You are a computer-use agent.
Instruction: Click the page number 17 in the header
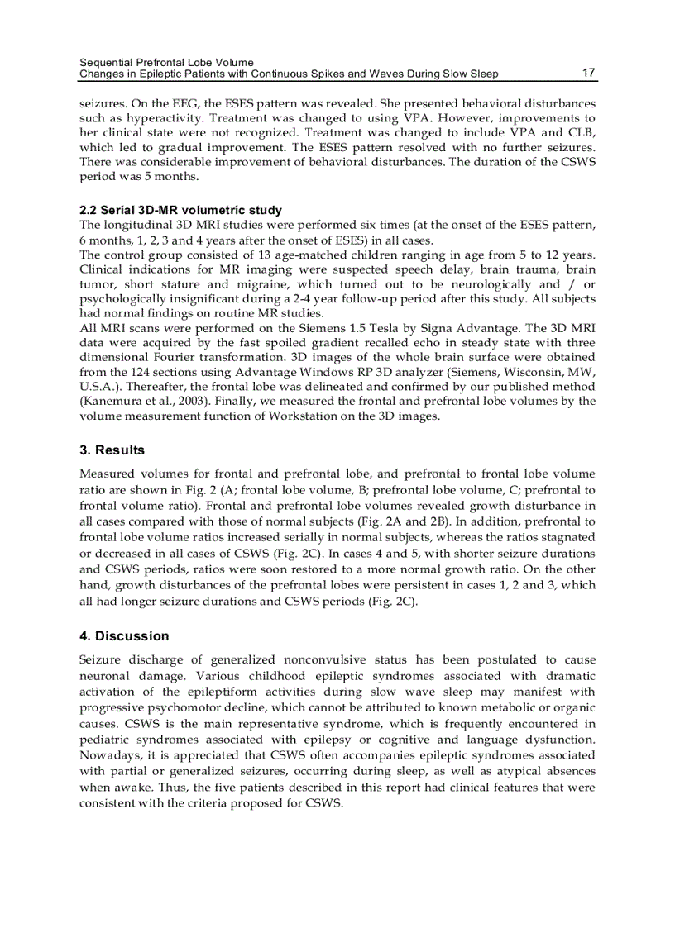pyautogui.click(x=588, y=73)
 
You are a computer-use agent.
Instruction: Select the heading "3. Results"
pyautogui.click(x=112, y=450)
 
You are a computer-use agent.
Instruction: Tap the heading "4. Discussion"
pyautogui.click(x=124, y=636)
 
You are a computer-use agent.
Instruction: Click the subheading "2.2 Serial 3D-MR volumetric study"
pyautogui.click(x=180, y=210)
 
